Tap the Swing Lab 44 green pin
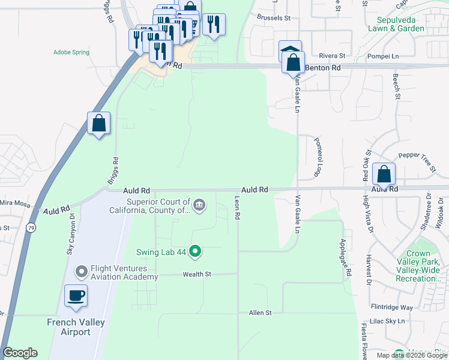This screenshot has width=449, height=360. (x=194, y=251)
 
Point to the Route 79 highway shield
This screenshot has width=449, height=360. (x=30, y=227)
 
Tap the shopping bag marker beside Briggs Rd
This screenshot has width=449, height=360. (x=99, y=124)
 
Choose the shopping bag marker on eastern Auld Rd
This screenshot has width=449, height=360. (x=384, y=175)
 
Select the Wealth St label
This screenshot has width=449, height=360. (x=197, y=274)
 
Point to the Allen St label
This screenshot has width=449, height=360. (x=261, y=313)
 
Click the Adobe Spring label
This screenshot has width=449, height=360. (x=71, y=53)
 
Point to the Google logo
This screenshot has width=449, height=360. (x=20, y=353)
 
